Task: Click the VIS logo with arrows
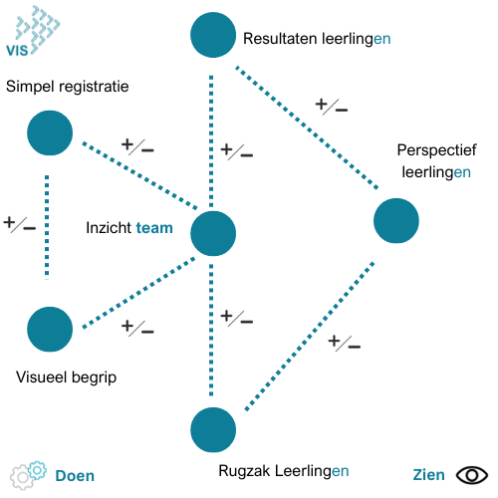(x=33, y=31)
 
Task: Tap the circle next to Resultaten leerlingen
(x=213, y=35)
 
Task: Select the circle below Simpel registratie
(x=50, y=132)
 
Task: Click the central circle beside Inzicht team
(x=213, y=233)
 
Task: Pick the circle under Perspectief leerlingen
(x=396, y=221)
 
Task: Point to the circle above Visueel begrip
(x=50, y=330)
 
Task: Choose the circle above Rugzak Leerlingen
(x=213, y=430)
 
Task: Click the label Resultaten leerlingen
(x=317, y=39)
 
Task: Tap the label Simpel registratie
(x=68, y=87)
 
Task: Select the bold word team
(x=154, y=228)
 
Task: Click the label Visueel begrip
(x=67, y=377)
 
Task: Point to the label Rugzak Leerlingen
(x=284, y=471)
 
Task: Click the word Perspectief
(x=436, y=150)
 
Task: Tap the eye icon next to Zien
(x=472, y=475)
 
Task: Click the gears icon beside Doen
(x=28, y=475)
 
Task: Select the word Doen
(x=75, y=476)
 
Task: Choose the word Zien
(x=428, y=475)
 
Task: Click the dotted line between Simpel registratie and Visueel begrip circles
(x=47, y=227)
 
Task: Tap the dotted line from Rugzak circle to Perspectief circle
(x=310, y=337)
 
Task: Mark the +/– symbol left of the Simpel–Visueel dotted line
(x=19, y=224)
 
